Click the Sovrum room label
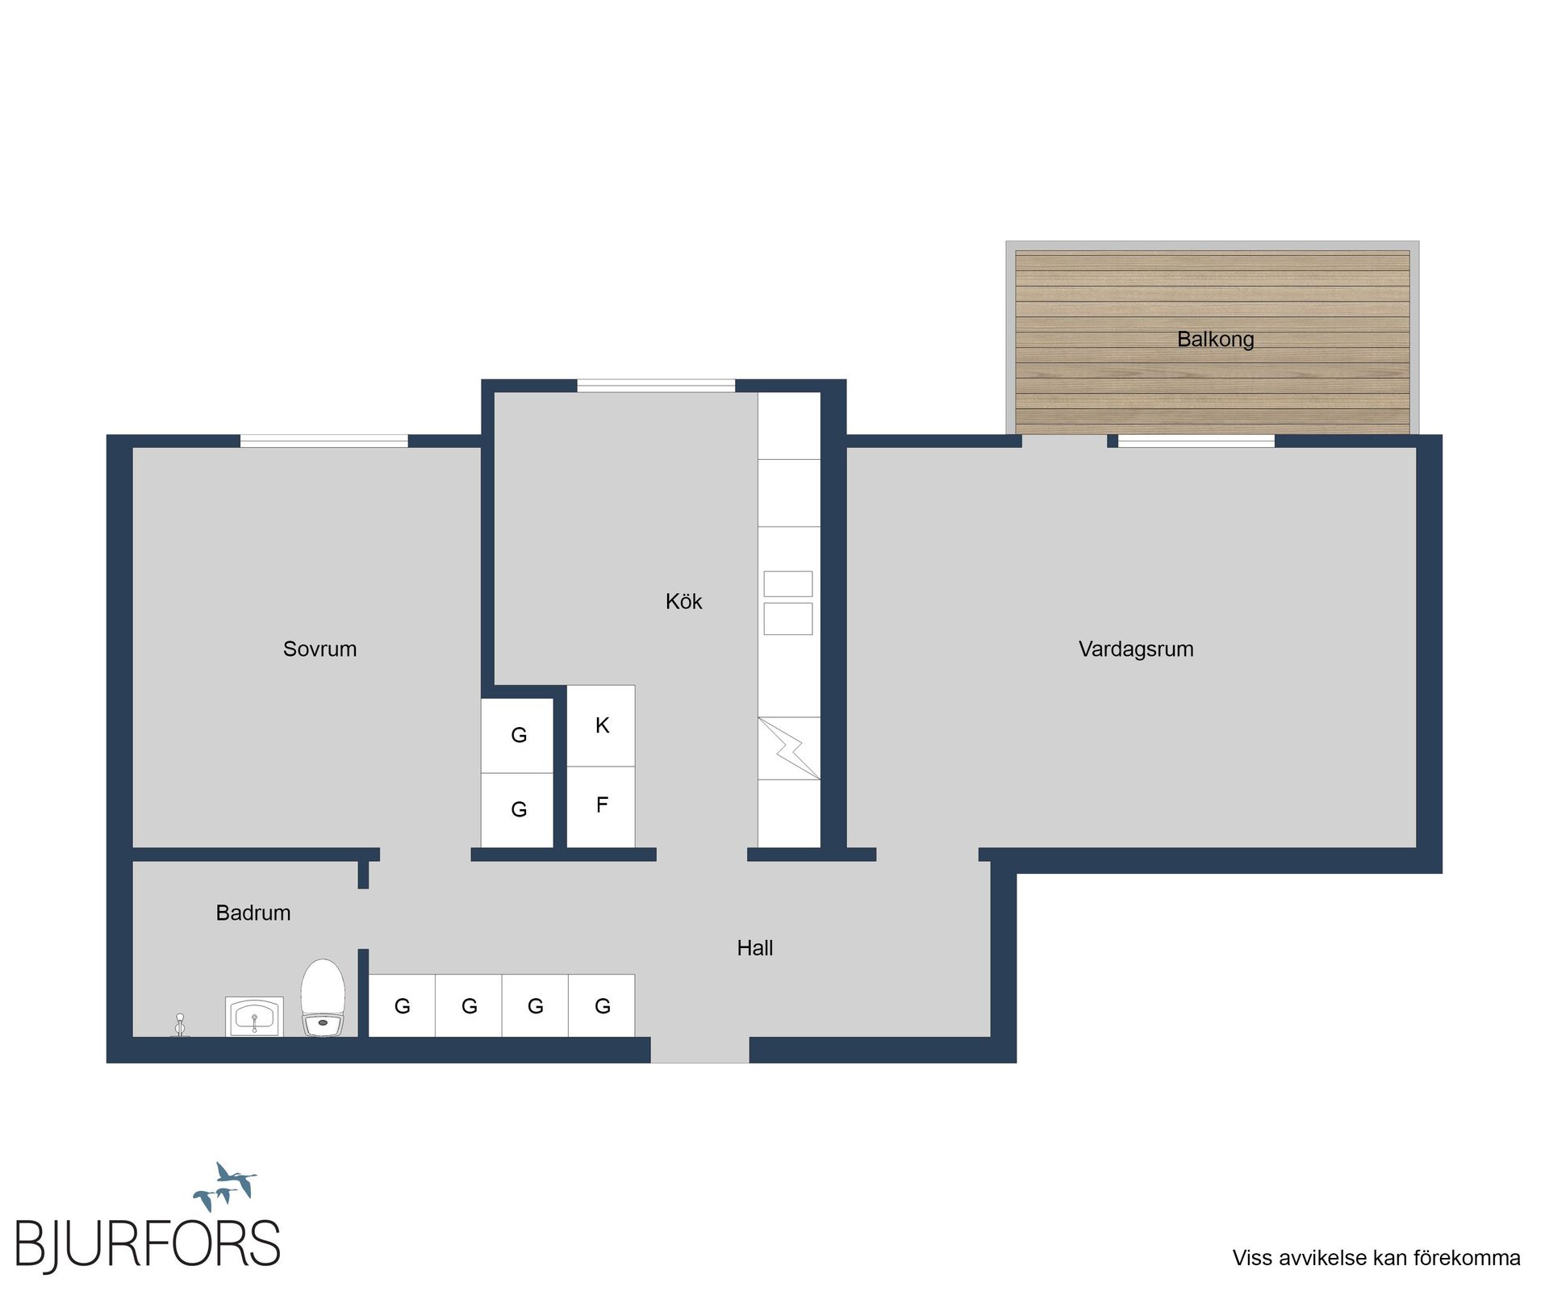click(x=319, y=649)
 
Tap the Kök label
click(x=683, y=601)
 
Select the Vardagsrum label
click(x=1135, y=649)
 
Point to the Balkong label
click(x=1215, y=339)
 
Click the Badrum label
click(x=253, y=913)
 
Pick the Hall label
click(x=754, y=948)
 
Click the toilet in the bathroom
click(x=323, y=997)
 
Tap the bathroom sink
click(x=254, y=1017)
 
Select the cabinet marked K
click(x=601, y=725)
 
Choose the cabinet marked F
click(x=601, y=805)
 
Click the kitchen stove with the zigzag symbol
click(x=788, y=748)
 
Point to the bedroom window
click(x=324, y=441)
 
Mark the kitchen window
click(x=655, y=386)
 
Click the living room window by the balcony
click(x=1196, y=441)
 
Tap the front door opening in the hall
click(x=699, y=1049)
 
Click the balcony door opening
click(x=1064, y=441)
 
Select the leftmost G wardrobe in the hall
click(x=402, y=1005)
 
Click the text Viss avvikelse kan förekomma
click(x=1376, y=1257)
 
